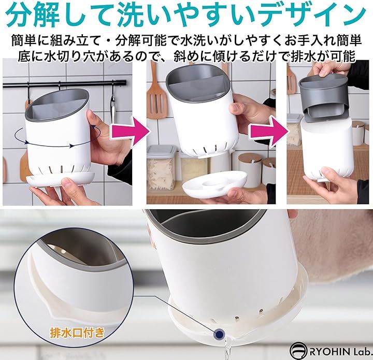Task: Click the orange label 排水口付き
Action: (77, 333)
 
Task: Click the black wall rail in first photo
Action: (64, 84)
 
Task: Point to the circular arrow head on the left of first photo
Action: (26, 142)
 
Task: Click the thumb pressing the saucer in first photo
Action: (69, 183)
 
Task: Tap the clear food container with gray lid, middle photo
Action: (162, 168)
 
